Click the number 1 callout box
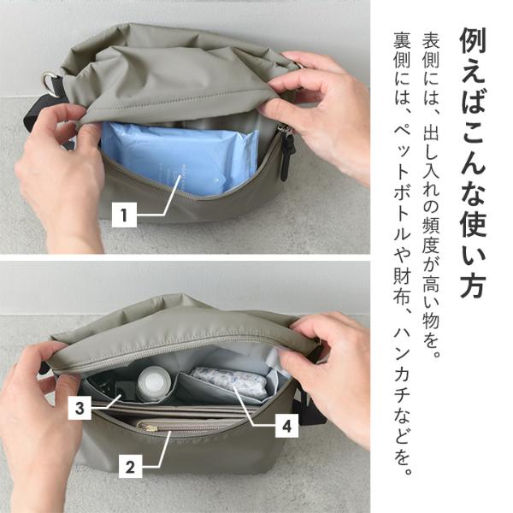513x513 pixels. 124,215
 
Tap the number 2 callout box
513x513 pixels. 130,466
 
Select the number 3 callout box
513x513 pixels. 80,408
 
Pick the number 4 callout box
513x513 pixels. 287,426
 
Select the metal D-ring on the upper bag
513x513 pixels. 52,82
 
